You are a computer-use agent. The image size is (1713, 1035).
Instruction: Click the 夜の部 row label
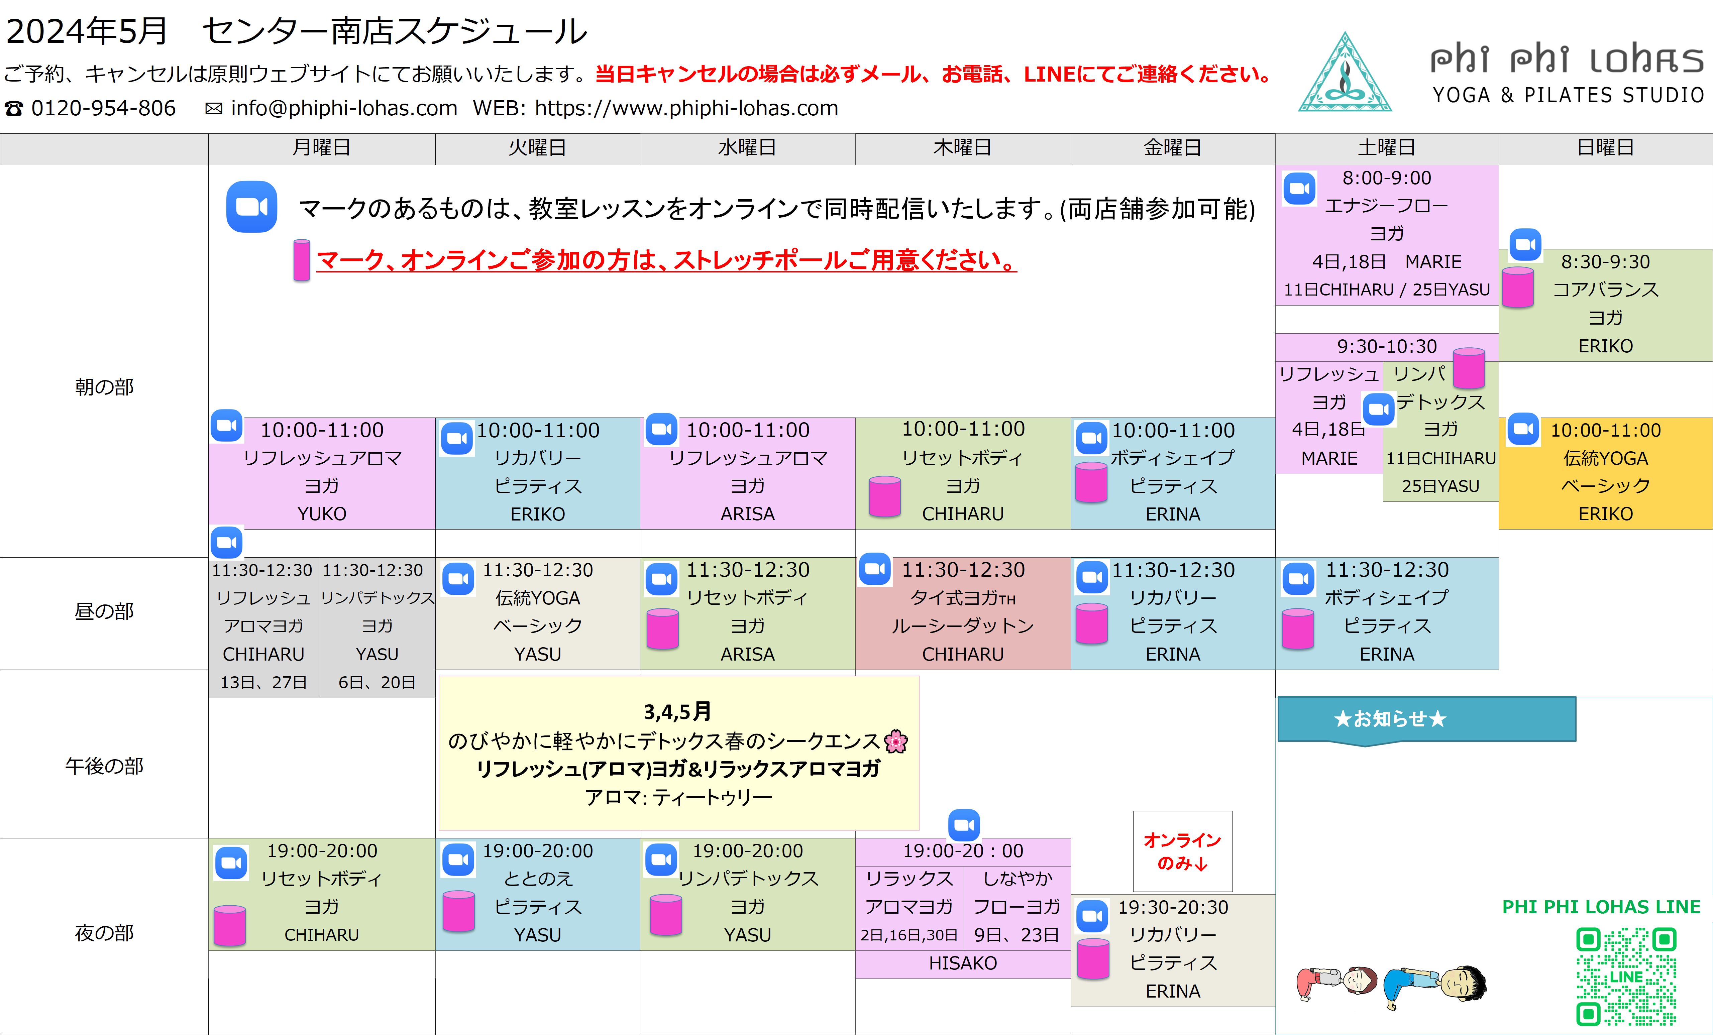104,933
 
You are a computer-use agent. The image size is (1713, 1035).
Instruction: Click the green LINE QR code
1626,976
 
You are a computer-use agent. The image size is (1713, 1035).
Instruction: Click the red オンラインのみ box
1183,851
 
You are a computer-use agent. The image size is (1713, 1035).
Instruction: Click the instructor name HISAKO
963,963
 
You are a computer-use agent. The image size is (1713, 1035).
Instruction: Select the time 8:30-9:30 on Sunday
1605,262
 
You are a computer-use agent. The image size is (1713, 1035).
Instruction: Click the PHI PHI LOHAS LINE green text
1601,907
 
